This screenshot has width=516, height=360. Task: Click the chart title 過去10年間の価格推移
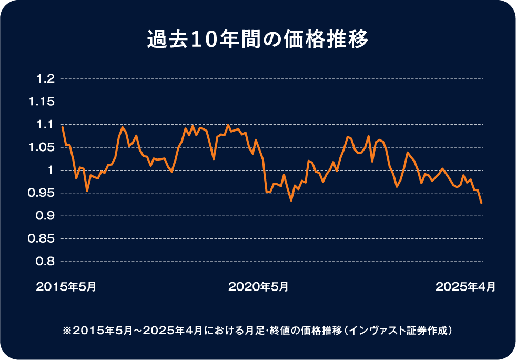click(x=258, y=41)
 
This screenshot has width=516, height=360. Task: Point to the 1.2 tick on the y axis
click(x=46, y=79)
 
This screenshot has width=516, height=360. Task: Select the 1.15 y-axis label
click(x=43, y=102)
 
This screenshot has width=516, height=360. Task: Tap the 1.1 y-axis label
click(x=46, y=125)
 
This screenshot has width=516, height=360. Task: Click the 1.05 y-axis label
click(x=43, y=147)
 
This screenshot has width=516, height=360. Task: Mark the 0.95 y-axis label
click(x=43, y=193)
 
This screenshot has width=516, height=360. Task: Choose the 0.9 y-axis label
click(x=46, y=216)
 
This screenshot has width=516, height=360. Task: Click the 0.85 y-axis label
click(x=43, y=238)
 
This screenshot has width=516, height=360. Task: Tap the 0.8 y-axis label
click(x=46, y=262)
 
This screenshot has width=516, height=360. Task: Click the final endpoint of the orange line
click(x=481, y=203)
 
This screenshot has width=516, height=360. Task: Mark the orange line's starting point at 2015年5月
click(x=62, y=127)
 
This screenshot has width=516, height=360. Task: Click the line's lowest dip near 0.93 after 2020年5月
click(x=291, y=201)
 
